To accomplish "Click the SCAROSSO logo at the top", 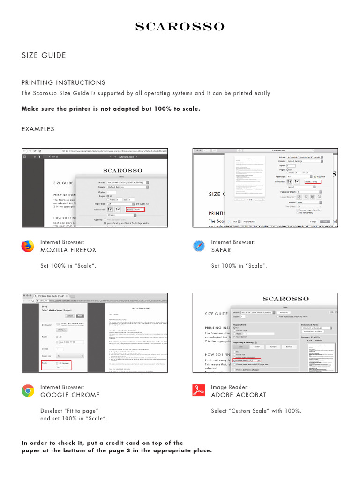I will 180,27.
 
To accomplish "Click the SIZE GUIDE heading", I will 44,55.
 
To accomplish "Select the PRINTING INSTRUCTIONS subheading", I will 63,82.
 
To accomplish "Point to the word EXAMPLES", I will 38,129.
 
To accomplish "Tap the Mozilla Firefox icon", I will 28,246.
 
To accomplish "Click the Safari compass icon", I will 199,246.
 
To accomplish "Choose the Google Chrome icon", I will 28,391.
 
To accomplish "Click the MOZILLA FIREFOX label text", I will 68,250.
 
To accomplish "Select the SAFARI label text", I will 222,250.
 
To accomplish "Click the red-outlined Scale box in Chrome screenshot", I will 56,365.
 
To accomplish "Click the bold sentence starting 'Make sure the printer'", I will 111,109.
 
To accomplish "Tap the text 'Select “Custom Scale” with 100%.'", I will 256,411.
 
